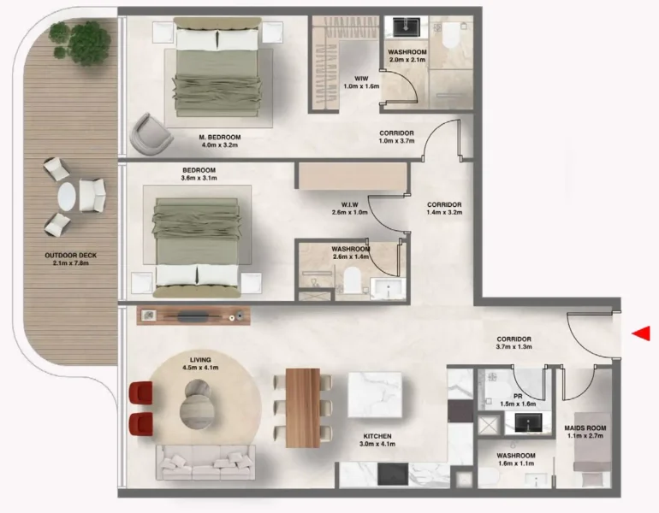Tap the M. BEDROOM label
[x=220, y=141]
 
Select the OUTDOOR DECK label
[x=70, y=259]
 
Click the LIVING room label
[x=201, y=363]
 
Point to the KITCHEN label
[x=377, y=440]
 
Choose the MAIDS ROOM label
[x=586, y=432]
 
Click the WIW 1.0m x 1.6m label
[x=349, y=82]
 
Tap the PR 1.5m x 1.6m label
[x=518, y=399]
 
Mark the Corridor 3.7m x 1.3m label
[x=514, y=343]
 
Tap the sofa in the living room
[x=206, y=463]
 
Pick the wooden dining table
[x=302, y=407]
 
